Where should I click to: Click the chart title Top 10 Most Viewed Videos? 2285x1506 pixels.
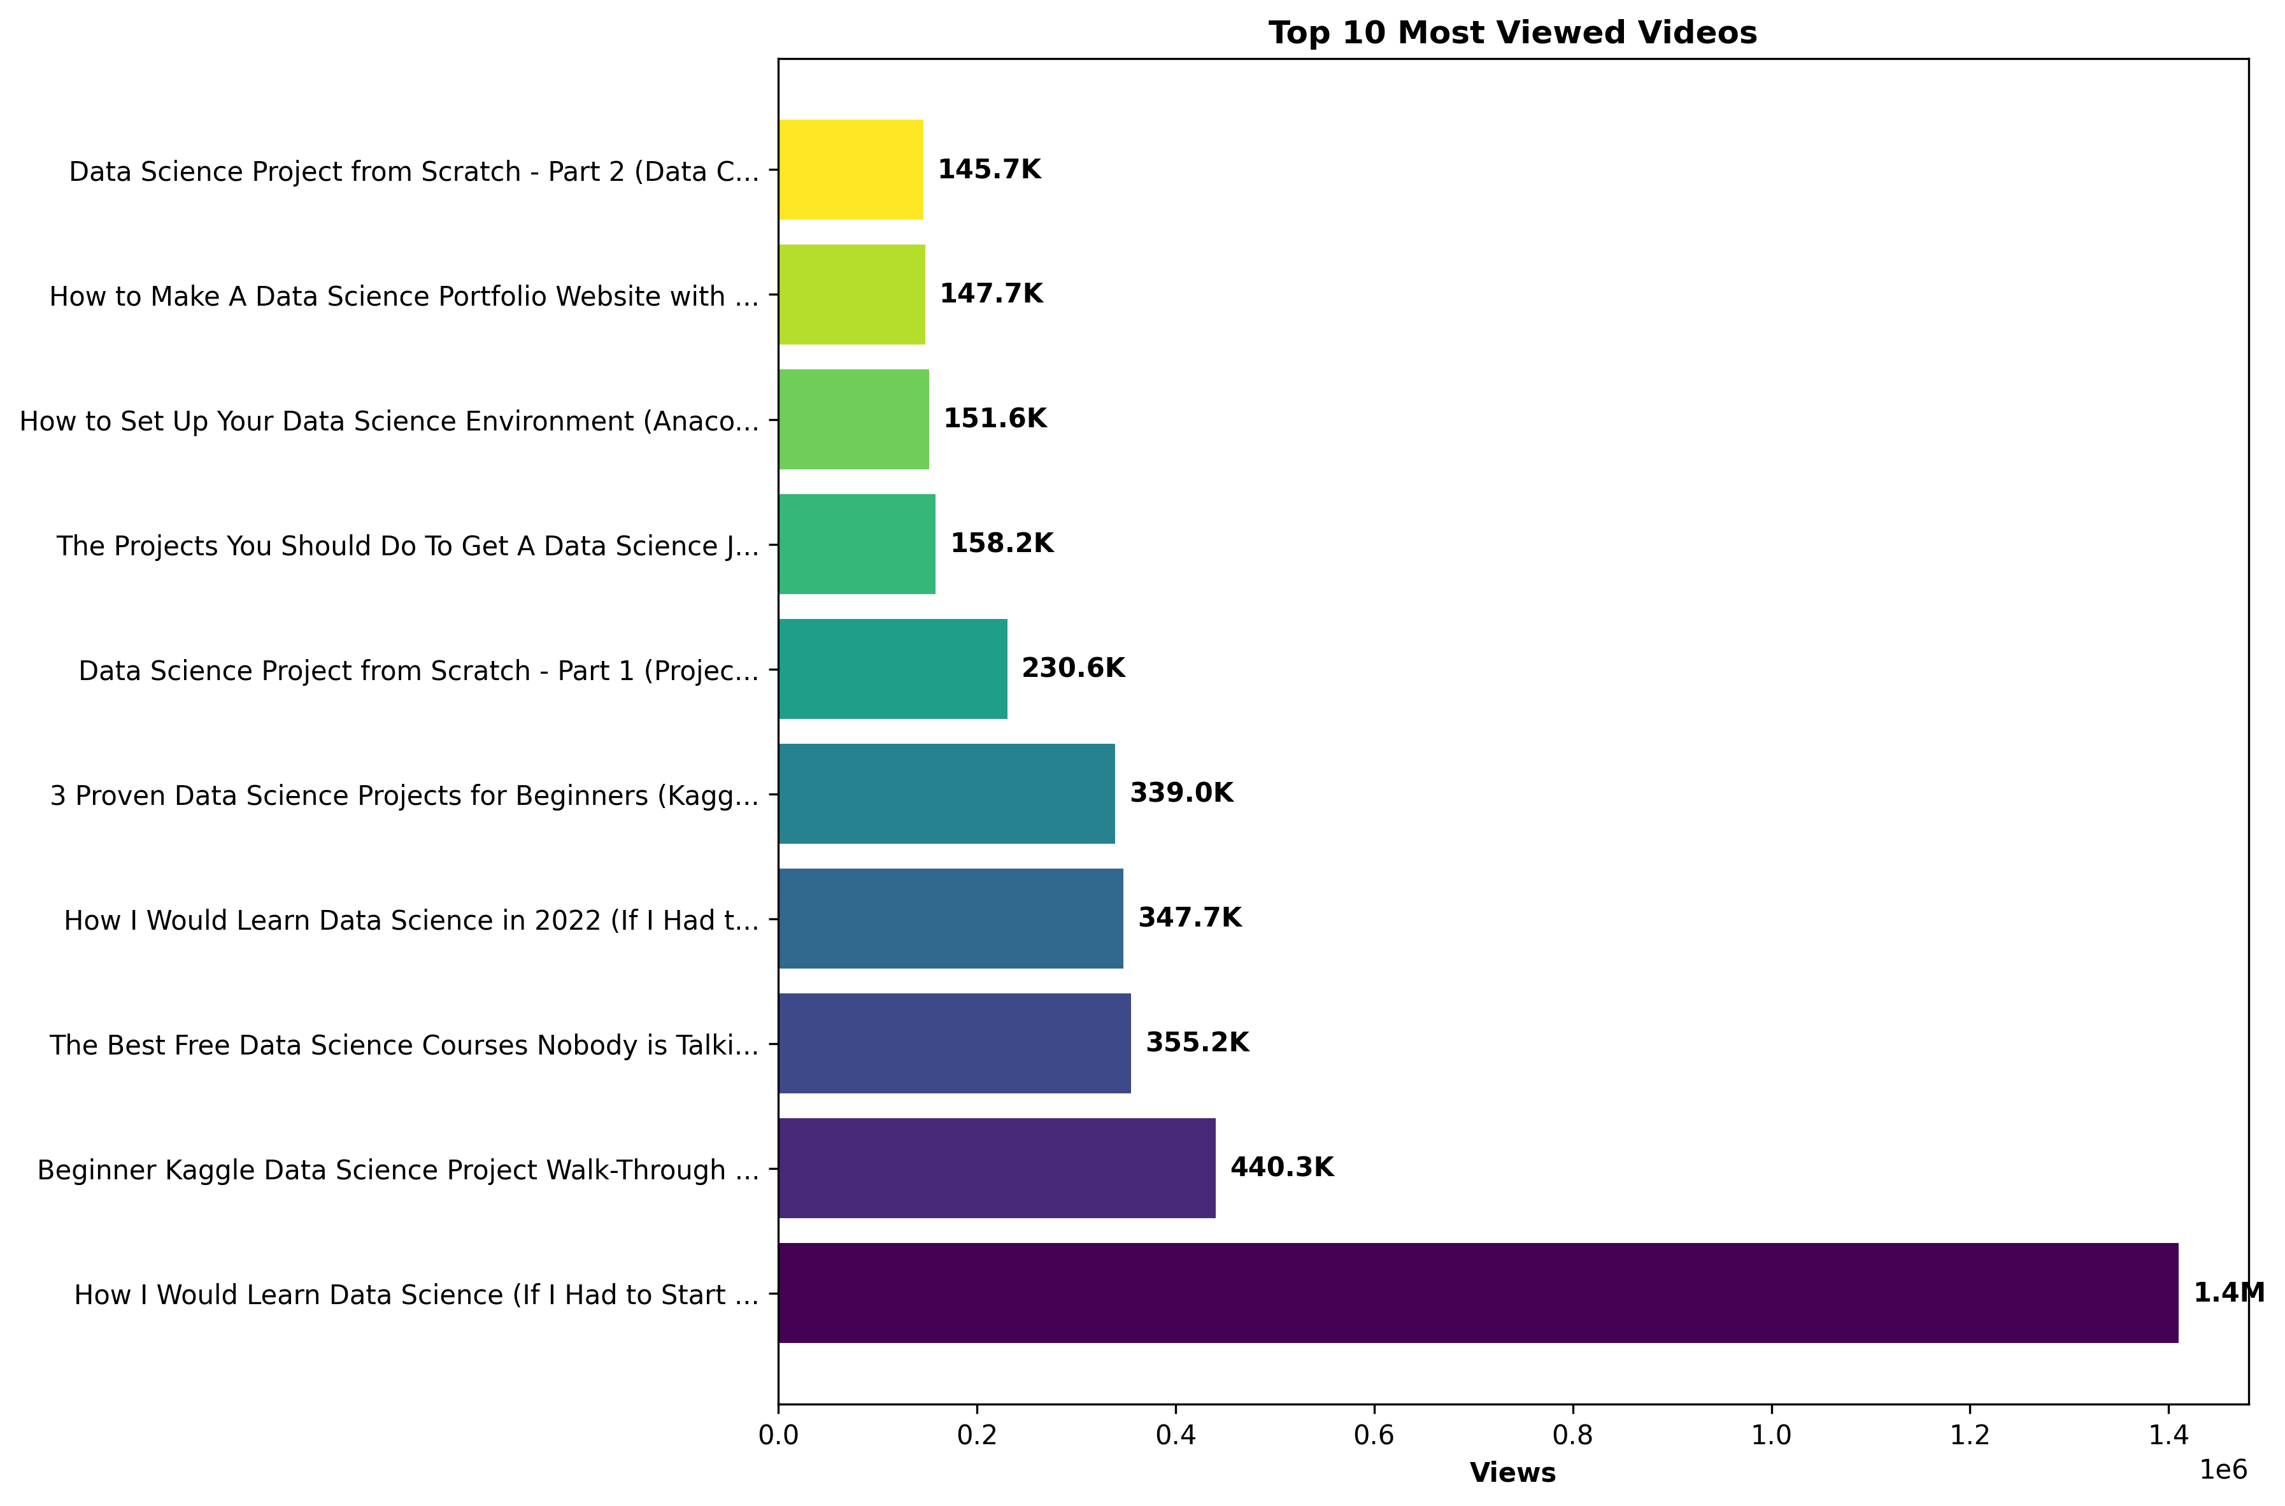tap(1512, 32)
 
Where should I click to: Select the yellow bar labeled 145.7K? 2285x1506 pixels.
tap(850, 170)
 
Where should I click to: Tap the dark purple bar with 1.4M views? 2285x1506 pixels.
tap(1477, 1293)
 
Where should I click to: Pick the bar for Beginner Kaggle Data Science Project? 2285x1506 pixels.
tap(996, 1168)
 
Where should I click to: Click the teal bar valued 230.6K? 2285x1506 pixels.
tap(892, 669)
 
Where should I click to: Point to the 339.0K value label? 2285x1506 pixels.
tap(1181, 793)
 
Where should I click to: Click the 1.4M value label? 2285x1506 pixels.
tap(2228, 1293)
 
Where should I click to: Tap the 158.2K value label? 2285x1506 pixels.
tap(1001, 544)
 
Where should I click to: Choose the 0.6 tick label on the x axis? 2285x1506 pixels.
tap(1374, 1435)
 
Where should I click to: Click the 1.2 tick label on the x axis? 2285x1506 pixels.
tap(1969, 1435)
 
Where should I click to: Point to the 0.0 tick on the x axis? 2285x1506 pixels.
tap(778, 1435)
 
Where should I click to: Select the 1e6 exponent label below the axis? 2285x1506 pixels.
tap(2223, 1470)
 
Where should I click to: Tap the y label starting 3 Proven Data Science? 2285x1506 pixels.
tap(404, 795)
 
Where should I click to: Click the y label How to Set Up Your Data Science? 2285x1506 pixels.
tap(389, 421)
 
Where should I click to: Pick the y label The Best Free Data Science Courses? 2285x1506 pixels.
tap(404, 1045)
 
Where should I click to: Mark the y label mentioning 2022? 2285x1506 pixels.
tap(411, 920)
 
